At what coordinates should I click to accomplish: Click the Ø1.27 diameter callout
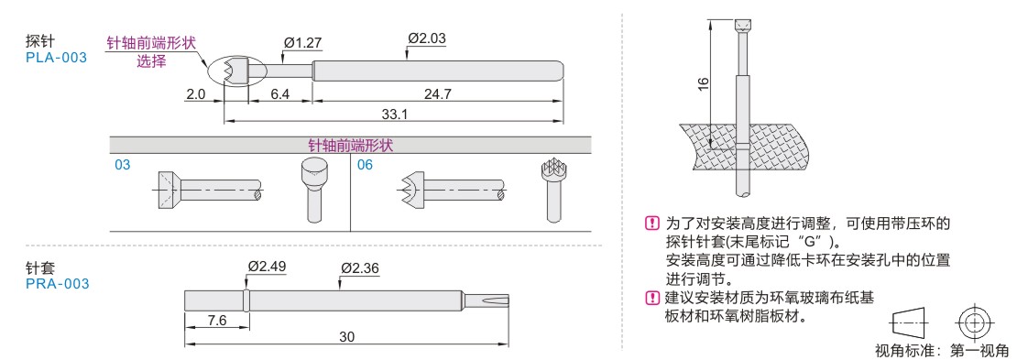point(303,43)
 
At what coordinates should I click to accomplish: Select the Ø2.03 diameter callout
point(426,38)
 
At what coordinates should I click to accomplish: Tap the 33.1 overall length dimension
point(394,115)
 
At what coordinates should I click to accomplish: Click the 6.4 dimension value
point(280,94)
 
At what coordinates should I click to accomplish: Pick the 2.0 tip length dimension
point(195,94)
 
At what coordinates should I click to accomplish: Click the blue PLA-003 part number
point(56,59)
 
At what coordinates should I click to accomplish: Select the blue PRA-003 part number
point(57,283)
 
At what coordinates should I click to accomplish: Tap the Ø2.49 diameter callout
point(268,267)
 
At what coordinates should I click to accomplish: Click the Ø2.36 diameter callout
point(360,267)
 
